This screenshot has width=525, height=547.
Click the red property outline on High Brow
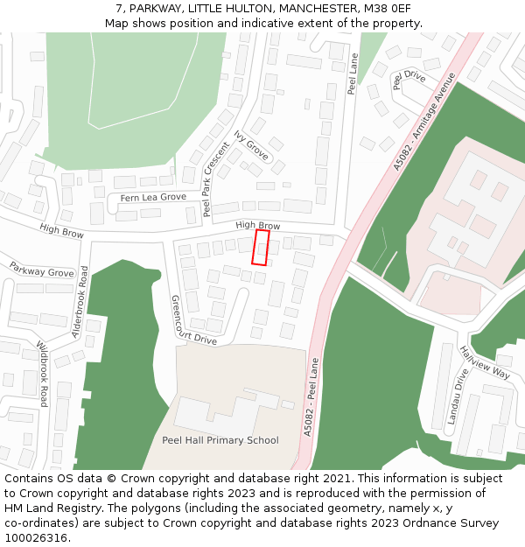pyautogui.click(x=261, y=247)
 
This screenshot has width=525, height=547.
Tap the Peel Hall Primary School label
pyautogui.click(x=220, y=440)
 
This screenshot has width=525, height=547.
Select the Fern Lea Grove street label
pyautogui.click(x=153, y=198)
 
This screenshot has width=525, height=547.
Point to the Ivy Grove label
pyautogui.click(x=251, y=145)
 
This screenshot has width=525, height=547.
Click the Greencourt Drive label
pyautogui.click(x=192, y=320)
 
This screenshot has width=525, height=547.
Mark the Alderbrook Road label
pyautogui.click(x=80, y=302)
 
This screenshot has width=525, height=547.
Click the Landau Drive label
pyautogui.click(x=458, y=396)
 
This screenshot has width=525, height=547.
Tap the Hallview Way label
pyautogui.click(x=484, y=361)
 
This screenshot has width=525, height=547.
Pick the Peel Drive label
pyautogui.click(x=409, y=79)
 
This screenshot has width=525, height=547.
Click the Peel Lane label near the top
pyautogui.click(x=353, y=74)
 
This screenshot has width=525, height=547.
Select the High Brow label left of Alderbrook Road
pyautogui.click(x=61, y=231)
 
